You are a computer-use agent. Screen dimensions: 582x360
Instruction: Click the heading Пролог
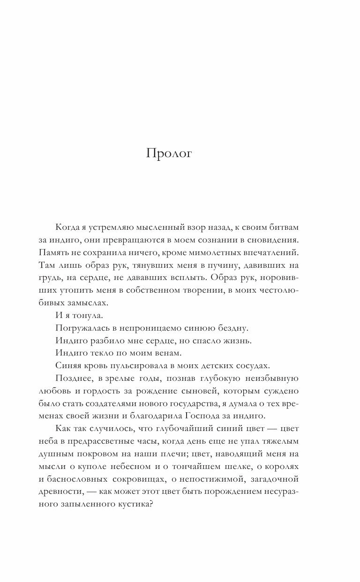point(169,154)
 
